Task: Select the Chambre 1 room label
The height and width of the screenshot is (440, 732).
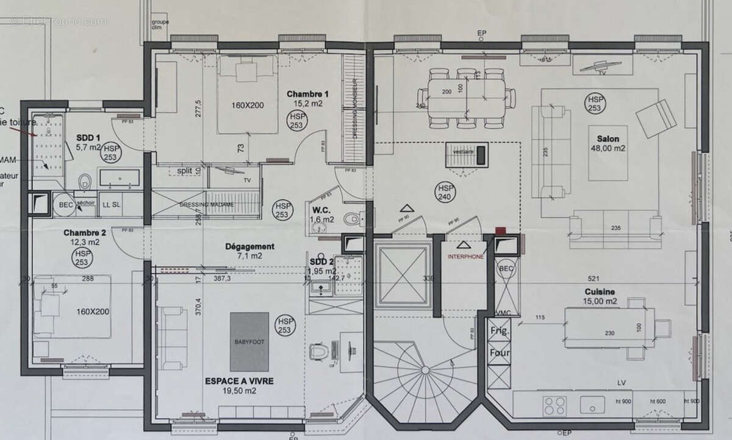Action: click(x=308, y=99)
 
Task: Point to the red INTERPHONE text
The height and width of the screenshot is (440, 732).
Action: click(x=465, y=257)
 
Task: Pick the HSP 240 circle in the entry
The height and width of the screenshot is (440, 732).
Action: click(x=444, y=193)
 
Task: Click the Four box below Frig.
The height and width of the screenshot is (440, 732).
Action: click(x=500, y=353)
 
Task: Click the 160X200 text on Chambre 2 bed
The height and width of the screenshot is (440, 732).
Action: click(x=93, y=311)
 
